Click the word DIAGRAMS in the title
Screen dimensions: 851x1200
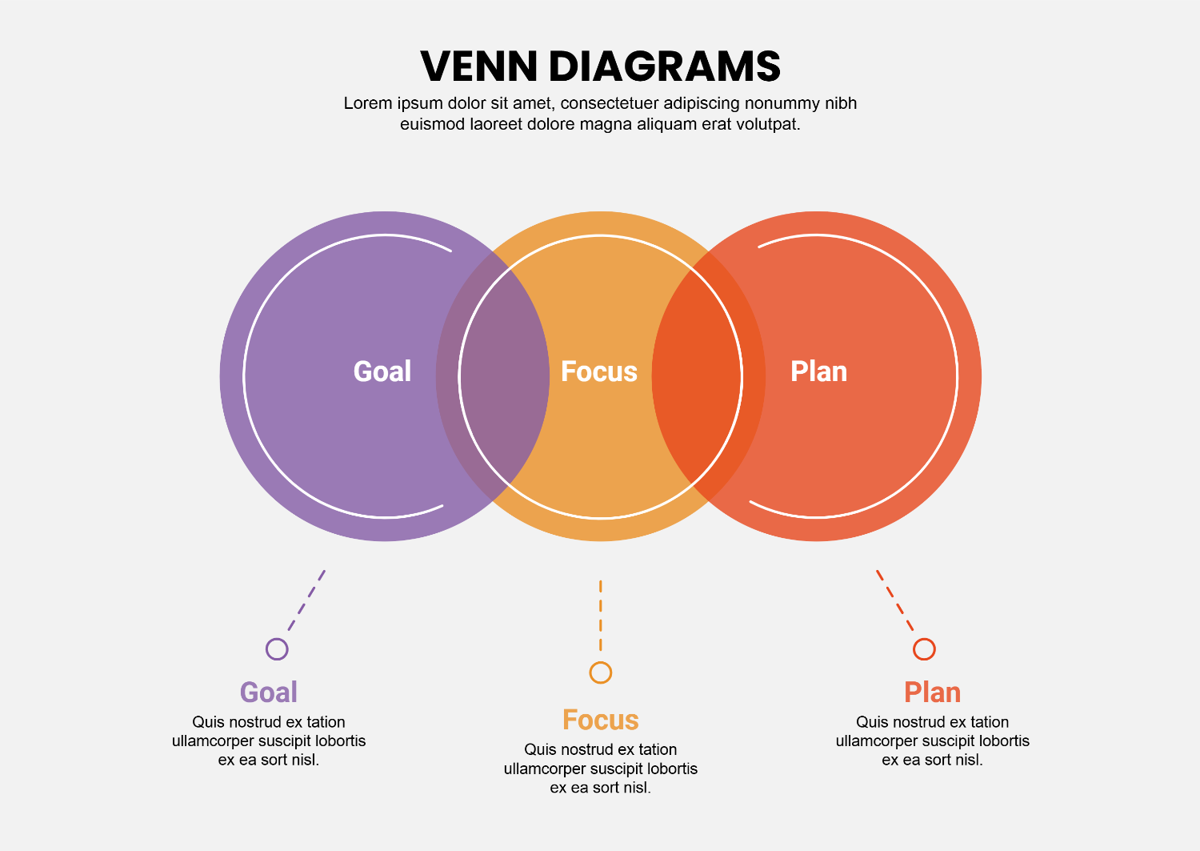pyautogui.click(x=665, y=66)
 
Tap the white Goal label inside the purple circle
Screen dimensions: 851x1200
pyautogui.click(x=382, y=371)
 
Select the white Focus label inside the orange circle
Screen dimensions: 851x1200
pyautogui.click(x=599, y=371)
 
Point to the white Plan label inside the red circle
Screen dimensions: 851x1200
pyautogui.click(x=818, y=371)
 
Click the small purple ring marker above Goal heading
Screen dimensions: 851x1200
pyautogui.click(x=277, y=648)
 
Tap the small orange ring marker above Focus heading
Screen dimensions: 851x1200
pyautogui.click(x=601, y=672)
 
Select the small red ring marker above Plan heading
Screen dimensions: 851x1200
pyautogui.click(x=924, y=648)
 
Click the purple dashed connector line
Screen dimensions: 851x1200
pyautogui.click(x=307, y=600)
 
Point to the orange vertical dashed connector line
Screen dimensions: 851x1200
pyautogui.click(x=601, y=615)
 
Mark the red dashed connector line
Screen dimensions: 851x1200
pyautogui.click(x=894, y=600)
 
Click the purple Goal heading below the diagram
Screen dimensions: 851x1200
pyautogui.click(x=269, y=692)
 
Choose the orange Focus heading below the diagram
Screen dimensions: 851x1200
pyautogui.click(x=601, y=720)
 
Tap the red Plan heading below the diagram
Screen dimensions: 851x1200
pyautogui.click(x=932, y=692)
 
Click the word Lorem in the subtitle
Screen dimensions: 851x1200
pyautogui.click(x=368, y=103)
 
